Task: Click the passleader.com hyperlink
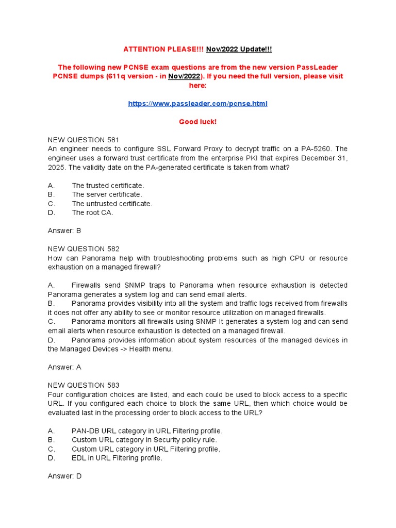coord(197,104)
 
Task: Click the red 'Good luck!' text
coord(197,122)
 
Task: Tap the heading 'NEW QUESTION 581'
coord(84,140)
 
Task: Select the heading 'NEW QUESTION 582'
coord(84,249)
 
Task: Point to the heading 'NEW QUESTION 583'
coord(84,385)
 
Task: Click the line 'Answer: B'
coord(64,230)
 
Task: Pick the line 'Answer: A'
coord(64,367)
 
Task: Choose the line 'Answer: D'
coord(64,476)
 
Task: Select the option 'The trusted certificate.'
coord(108,185)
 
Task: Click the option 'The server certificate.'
coord(107,194)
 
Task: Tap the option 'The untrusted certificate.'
coord(112,204)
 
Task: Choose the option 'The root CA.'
coord(93,212)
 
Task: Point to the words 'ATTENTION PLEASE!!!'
coord(163,49)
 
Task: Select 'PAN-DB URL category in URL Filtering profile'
coord(147,431)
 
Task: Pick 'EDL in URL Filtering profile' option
coord(117,458)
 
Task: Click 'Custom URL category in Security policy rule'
coord(144,440)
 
